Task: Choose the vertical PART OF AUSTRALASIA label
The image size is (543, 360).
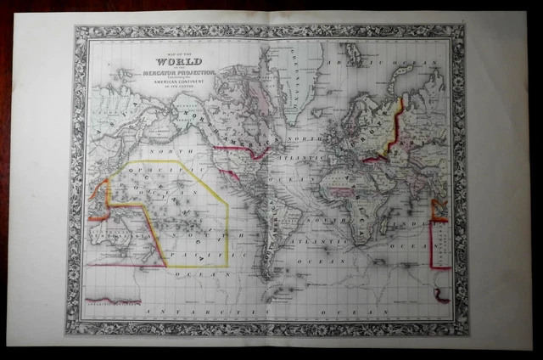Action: point(440,242)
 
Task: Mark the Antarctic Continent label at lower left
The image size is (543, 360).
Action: point(115,299)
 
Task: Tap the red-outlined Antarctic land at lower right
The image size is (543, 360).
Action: point(441,295)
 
